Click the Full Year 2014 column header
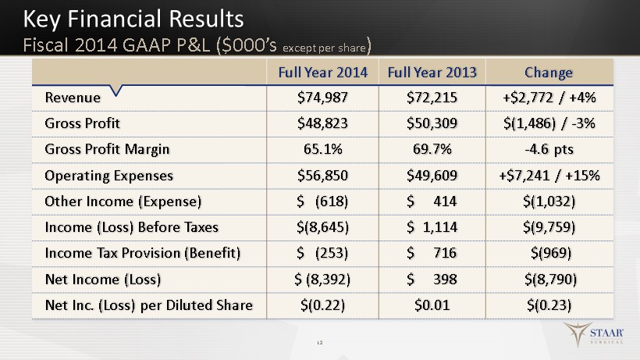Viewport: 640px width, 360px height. click(323, 73)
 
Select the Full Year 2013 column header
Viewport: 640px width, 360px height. click(432, 73)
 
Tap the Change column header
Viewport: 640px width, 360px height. click(549, 73)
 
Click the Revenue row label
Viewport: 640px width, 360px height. click(73, 98)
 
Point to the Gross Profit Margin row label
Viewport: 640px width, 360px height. click(107, 149)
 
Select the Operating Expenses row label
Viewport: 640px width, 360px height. click(109, 176)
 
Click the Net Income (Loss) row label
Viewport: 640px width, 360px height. click(103, 280)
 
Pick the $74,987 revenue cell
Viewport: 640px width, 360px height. click(322, 98)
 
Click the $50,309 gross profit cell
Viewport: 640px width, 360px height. click(432, 123)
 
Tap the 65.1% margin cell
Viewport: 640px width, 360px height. click(323, 149)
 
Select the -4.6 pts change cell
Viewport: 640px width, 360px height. click(549, 149)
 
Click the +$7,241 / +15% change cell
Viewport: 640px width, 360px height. click(549, 176)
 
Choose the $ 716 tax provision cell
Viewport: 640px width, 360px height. click(432, 253)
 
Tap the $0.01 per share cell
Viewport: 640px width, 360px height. click(432, 305)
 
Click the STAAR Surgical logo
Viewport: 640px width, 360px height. click(593, 334)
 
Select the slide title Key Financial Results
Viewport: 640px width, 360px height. click(133, 20)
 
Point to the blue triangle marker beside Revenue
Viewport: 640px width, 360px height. click(116, 91)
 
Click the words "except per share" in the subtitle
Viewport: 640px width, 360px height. click(324, 48)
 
